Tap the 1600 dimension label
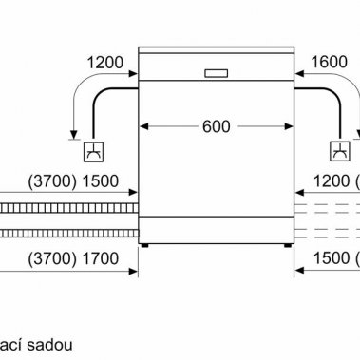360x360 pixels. tap(329, 63)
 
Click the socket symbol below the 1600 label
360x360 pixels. tap(339, 150)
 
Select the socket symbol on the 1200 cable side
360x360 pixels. tap(94, 150)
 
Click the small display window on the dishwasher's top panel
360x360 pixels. tap(215, 72)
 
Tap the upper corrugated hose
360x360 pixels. tap(66, 208)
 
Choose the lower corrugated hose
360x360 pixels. tap(66, 231)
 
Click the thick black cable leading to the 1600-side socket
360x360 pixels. tap(323, 90)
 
